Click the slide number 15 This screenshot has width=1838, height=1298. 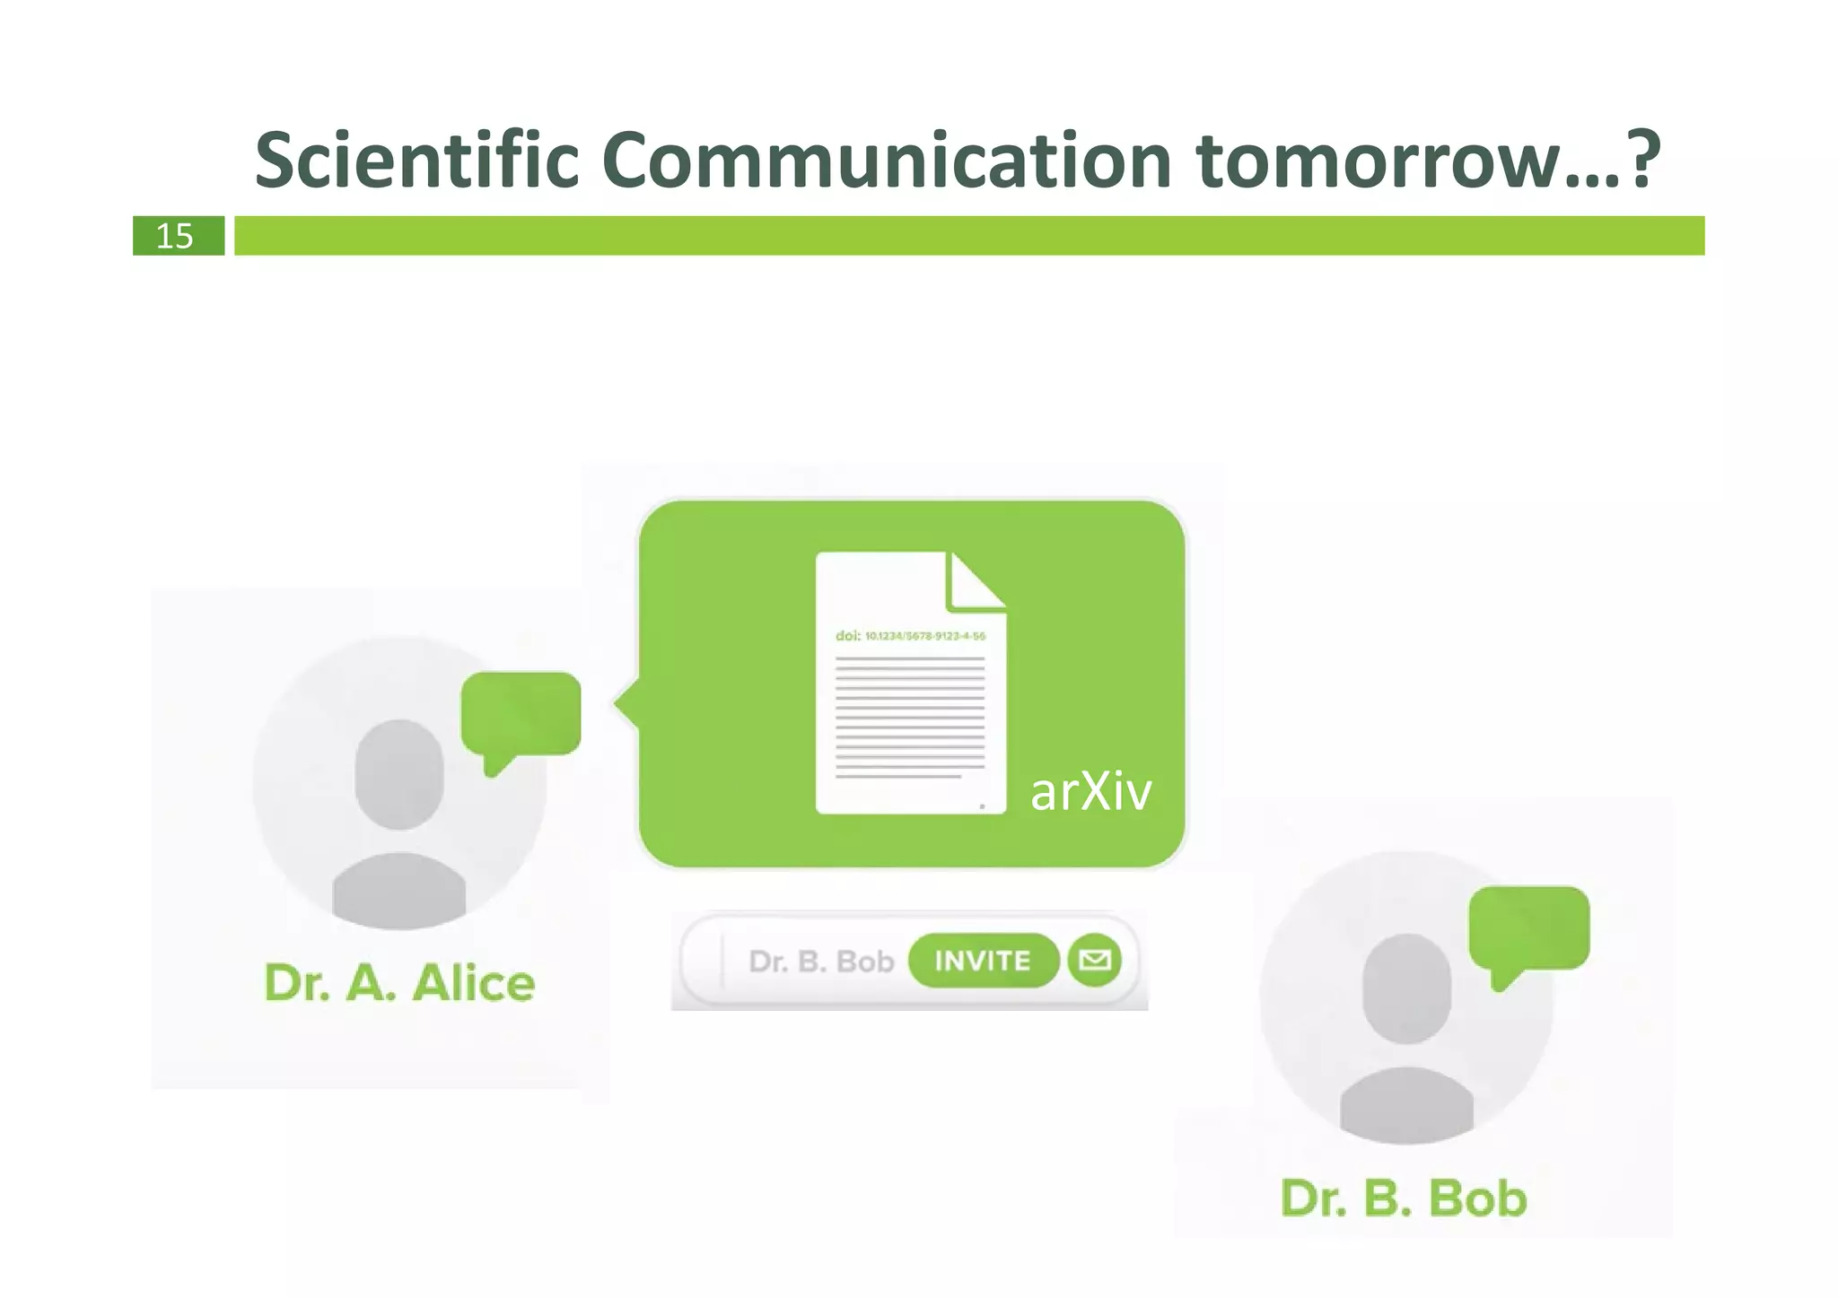175,236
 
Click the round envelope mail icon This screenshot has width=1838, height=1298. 1094,961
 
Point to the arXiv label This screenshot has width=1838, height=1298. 1090,791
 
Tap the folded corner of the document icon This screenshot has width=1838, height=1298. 975,581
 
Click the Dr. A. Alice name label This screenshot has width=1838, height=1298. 399,982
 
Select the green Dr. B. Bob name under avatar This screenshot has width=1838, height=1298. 1404,1198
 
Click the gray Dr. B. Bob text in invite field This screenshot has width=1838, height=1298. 821,962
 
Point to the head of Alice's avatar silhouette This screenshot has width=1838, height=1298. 399,773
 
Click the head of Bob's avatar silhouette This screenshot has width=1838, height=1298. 1406,988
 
